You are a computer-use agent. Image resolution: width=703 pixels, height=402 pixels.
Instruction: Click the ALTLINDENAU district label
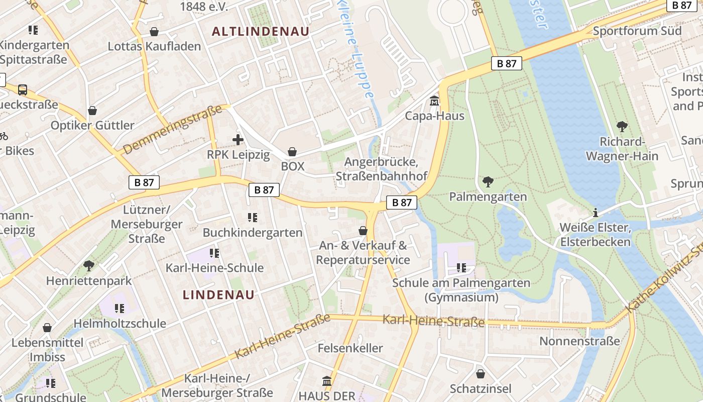[260, 31]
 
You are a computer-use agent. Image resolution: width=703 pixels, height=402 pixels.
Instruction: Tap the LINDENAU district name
[218, 294]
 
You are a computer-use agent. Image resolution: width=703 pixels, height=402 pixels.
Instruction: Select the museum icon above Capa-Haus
[434, 101]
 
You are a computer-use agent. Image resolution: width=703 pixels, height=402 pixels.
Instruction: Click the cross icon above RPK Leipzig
[238, 140]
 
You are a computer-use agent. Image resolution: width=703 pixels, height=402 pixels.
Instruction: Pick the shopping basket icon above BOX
[292, 151]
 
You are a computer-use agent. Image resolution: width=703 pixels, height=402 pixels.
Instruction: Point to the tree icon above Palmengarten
[488, 181]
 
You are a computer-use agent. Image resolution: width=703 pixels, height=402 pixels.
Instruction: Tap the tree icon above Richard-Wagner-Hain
[622, 126]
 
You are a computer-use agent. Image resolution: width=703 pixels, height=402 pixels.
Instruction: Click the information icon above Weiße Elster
[596, 213]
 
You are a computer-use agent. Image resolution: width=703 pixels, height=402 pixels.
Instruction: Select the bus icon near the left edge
[23, 90]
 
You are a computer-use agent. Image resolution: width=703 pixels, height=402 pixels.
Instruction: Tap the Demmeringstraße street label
[172, 129]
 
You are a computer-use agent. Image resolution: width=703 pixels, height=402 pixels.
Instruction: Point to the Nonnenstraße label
[579, 341]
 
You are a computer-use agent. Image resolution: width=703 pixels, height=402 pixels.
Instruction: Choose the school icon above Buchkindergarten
[252, 218]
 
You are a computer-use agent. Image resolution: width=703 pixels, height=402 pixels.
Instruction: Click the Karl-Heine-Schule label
[214, 267]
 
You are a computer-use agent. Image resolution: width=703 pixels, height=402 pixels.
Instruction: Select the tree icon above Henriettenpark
[89, 265]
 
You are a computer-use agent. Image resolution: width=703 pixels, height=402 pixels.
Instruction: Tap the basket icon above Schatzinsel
[481, 374]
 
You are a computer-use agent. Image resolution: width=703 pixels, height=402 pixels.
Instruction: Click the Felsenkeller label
[350, 348]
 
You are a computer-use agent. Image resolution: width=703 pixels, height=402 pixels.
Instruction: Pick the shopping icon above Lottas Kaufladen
[154, 32]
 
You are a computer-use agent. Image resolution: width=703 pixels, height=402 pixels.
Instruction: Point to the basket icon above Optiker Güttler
[92, 111]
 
